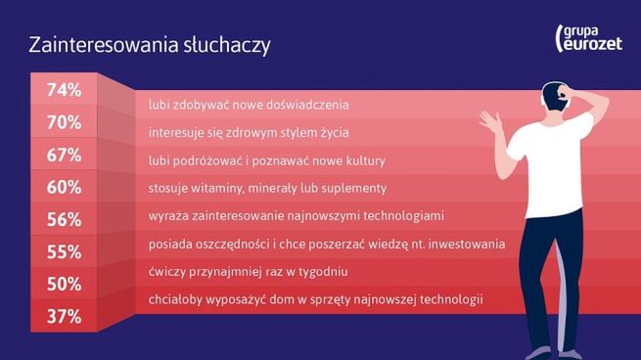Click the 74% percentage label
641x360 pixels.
(x=64, y=90)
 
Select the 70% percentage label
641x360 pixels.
(x=64, y=122)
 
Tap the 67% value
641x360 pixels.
(x=64, y=155)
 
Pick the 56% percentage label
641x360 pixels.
(x=64, y=219)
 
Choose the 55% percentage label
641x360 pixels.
(x=64, y=251)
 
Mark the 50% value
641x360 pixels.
(x=64, y=284)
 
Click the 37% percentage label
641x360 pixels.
(x=64, y=316)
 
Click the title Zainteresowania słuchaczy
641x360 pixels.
(x=150, y=45)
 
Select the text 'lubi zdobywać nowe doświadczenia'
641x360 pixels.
(x=249, y=104)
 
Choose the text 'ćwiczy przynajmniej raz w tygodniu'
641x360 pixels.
(x=248, y=271)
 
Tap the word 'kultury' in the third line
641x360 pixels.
(x=364, y=159)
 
